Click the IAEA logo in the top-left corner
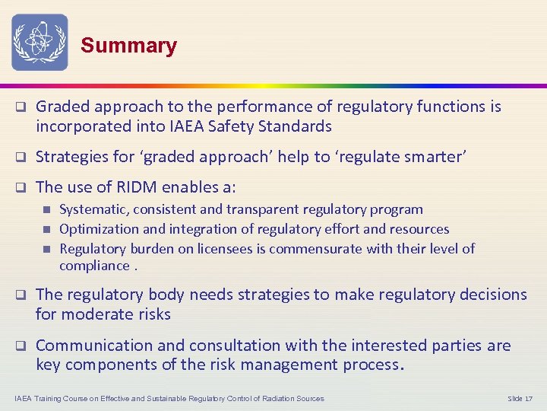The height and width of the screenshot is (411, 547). (x=40, y=42)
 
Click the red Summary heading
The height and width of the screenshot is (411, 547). (x=128, y=46)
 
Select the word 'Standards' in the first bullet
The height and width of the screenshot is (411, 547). (x=295, y=126)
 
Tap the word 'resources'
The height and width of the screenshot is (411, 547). (x=420, y=229)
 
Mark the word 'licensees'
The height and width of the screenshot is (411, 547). (x=217, y=249)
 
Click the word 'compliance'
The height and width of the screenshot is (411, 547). (x=94, y=266)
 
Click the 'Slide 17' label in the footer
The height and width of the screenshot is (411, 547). (x=520, y=399)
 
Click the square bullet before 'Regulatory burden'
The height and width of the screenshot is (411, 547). (x=46, y=249)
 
